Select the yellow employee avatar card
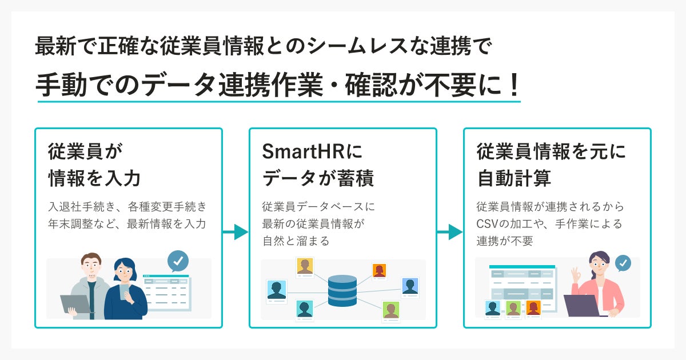(305, 267)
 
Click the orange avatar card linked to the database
(379, 270)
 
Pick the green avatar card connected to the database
(390, 310)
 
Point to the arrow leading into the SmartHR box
(236, 232)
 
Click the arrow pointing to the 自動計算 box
(450, 232)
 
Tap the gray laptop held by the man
(75, 304)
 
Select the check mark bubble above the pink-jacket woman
(623, 263)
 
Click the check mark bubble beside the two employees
(178, 261)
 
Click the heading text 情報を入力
(94, 178)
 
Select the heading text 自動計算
(514, 178)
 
